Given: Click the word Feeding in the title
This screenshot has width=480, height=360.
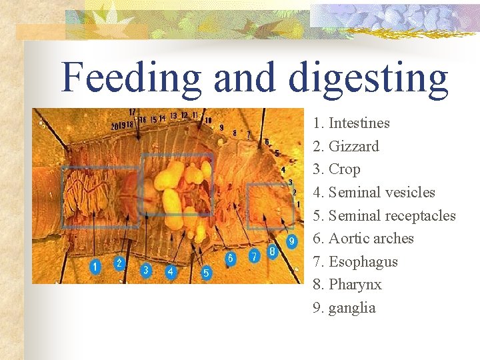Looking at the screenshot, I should point(131,77).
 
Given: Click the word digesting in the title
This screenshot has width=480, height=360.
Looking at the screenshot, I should point(369,79).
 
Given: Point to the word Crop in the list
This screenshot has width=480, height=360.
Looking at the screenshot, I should point(345,169).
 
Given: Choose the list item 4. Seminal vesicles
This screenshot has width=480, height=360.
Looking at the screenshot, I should point(374,193).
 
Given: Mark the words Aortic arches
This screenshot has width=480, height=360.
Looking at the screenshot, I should point(371,239).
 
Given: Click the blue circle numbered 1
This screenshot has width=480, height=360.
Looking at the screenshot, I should point(95,267).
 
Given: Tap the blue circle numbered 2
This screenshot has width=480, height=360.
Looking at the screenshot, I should point(119,263).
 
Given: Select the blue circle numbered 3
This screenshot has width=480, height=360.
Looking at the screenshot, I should point(146,270).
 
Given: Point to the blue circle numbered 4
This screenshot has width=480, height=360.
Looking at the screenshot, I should point(171,271).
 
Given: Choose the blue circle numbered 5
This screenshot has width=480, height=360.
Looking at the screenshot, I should point(206,272).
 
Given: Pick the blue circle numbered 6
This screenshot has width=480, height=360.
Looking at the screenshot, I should point(230,257).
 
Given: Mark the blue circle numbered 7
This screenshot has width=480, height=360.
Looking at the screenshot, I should point(253,255).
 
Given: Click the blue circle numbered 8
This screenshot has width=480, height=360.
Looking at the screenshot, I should point(272,251).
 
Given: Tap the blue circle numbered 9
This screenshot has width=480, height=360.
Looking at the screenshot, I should point(291,241).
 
